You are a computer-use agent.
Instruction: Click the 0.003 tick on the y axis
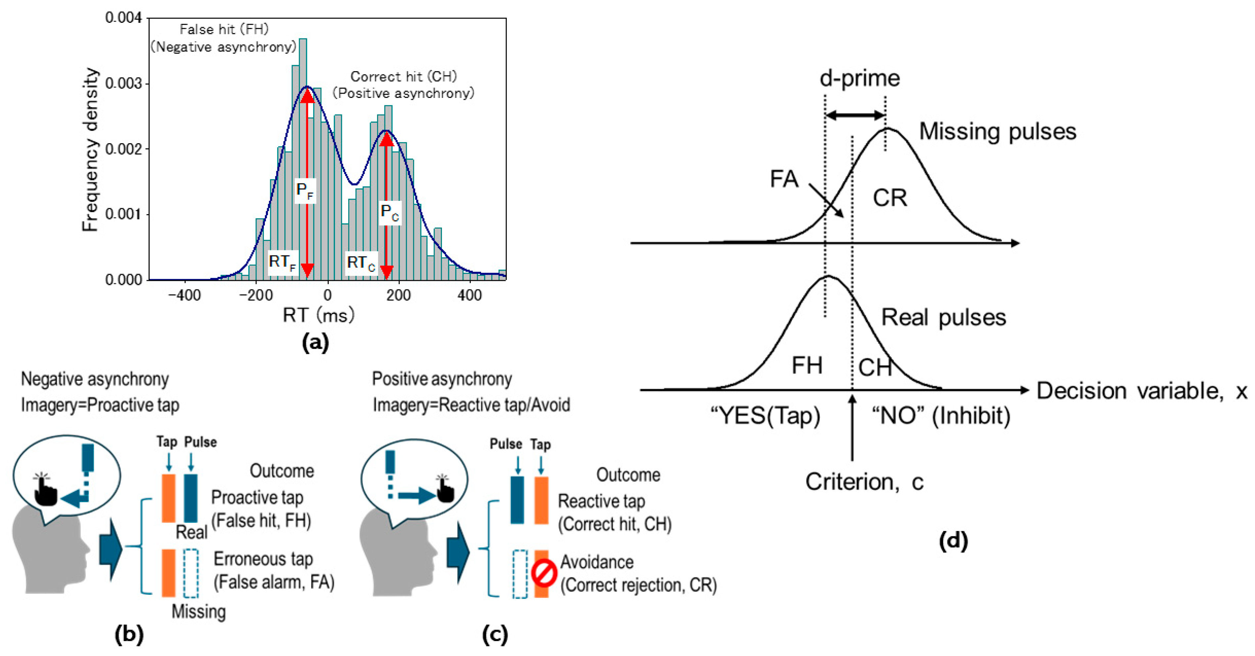[x=123, y=83]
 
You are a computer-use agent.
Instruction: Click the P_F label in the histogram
[x=305, y=191]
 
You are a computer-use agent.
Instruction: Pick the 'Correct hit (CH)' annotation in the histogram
[x=404, y=76]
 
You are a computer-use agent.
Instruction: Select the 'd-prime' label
[x=859, y=78]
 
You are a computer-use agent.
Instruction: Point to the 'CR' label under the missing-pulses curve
[x=890, y=198]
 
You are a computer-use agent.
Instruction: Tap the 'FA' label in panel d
[x=784, y=179]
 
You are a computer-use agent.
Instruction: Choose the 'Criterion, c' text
[x=864, y=482]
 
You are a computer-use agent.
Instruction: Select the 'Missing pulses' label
[x=997, y=131]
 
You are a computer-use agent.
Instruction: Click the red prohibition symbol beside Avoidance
[x=544, y=573]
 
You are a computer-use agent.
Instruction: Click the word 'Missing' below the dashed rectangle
[x=198, y=611]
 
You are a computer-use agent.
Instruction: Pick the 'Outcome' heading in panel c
[x=628, y=475]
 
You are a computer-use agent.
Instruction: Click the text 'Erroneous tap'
[x=263, y=559]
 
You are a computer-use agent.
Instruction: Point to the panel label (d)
[x=953, y=540]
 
